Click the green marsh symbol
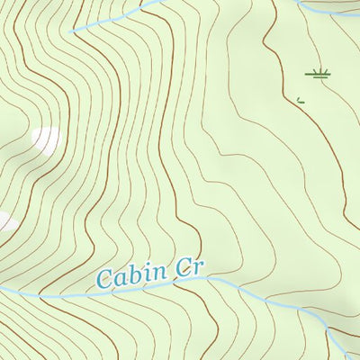tap(316, 74)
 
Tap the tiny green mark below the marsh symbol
tap(301, 100)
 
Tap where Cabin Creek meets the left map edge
tap(2, 290)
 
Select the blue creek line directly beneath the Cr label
tap(193, 280)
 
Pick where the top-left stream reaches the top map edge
tap(157, 1)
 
